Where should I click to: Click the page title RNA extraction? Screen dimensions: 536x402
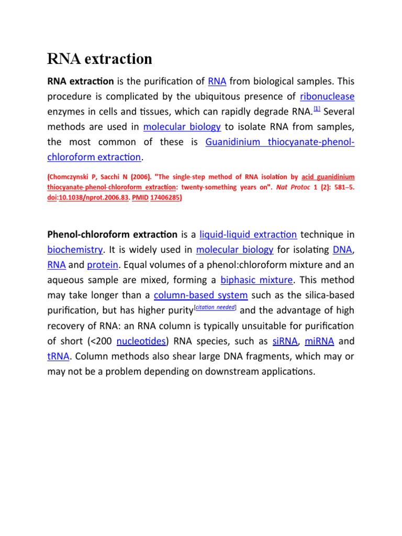tap(99, 59)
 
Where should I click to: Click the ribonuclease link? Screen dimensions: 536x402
tap(327, 96)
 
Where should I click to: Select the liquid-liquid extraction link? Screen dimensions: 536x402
tap(249, 234)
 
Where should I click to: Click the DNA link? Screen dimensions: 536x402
tap(343, 250)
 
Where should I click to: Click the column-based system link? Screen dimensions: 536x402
tap(201, 295)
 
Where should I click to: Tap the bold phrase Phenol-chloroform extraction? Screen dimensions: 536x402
tap(113, 234)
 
